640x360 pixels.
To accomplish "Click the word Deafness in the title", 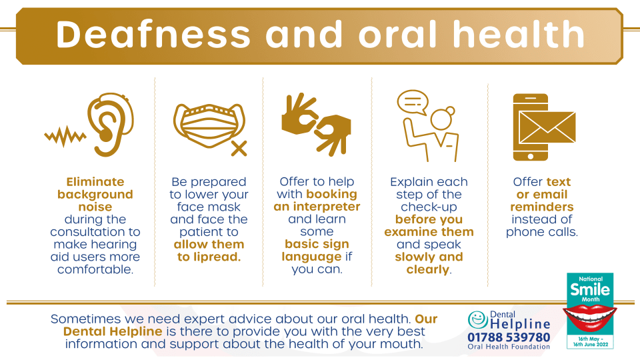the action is (x=153, y=34).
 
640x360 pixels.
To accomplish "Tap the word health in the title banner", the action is (x=519, y=34).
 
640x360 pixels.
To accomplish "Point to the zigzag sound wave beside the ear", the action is (x=65, y=136).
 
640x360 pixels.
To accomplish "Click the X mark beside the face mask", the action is (x=239, y=149).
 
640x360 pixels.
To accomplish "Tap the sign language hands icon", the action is (x=316, y=124).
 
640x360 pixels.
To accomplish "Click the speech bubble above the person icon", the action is (x=413, y=101).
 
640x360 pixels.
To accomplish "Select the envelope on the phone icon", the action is (x=547, y=127).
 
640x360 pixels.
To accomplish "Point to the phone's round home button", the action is (x=530, y=156).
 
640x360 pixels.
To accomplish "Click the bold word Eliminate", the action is (x=95, y=181).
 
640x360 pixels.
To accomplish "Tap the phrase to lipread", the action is (x=209, y=257).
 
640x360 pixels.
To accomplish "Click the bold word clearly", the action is (x=427, y=269).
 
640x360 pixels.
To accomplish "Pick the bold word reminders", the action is (x=541, y=207).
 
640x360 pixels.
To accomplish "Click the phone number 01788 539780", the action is (x=509, y=337).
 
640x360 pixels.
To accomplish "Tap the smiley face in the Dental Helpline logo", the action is (x=477, y=319).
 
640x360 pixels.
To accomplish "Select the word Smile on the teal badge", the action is (x=590, y=289).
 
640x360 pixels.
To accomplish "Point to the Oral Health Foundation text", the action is (x=509, y=347).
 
